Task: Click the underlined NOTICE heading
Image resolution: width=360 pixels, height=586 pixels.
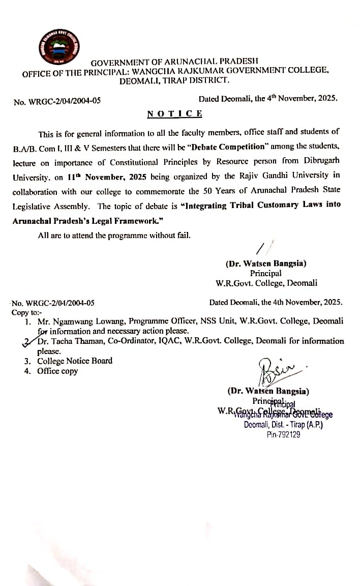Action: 174,113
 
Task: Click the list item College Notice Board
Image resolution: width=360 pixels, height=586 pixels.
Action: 75,361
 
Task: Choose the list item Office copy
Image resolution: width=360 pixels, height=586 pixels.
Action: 57,371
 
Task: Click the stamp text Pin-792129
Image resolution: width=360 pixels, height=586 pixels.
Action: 283,435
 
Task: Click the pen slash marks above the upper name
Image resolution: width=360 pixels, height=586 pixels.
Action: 263,248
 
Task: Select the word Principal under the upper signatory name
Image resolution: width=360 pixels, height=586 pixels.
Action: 265,273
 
